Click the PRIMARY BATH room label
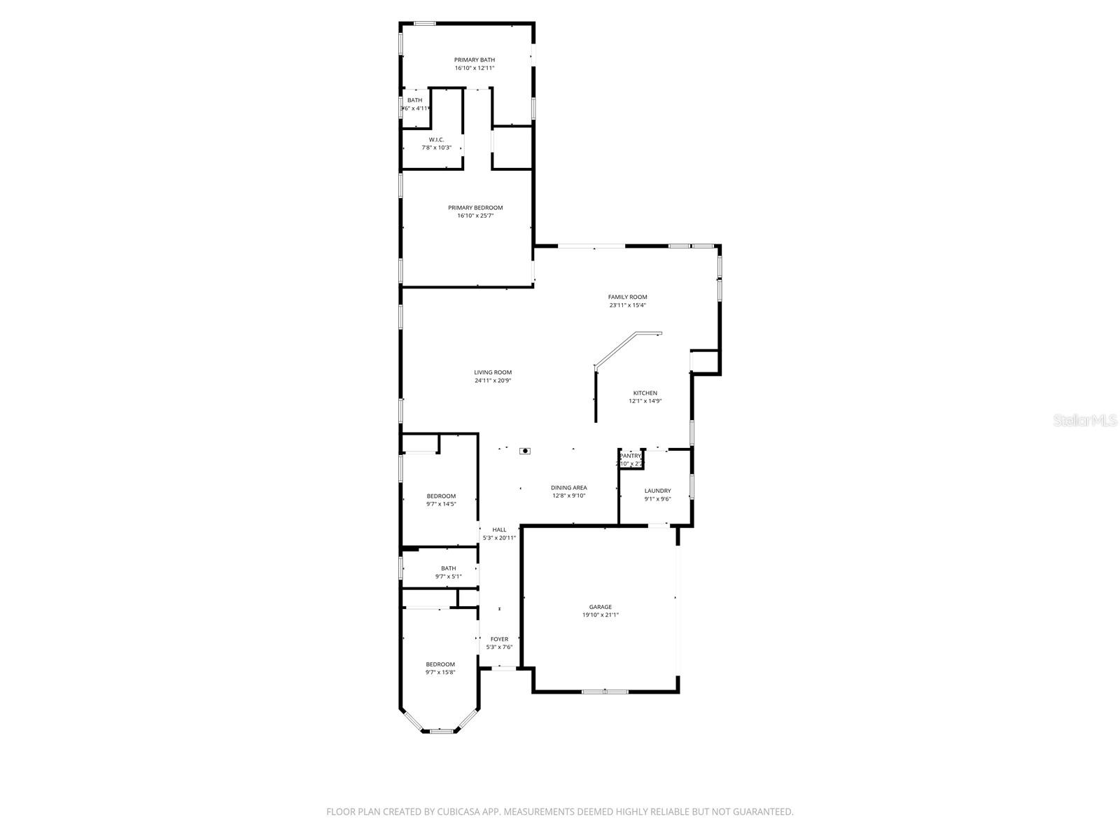pyautogui.click(x=475, y=60)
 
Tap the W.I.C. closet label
pyautogui.click(x=436, y=140)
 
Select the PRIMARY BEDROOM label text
pyautogui.click(x=475, y=208)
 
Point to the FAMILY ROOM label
pyautogui.click(x=627, y=297)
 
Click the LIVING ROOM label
pyautogui.click(x=493, y=372)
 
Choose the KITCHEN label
pyautogui.click(x=645, y=393)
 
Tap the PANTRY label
pyautogui.click(x=630, y=456)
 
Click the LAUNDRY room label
pyautogui.click(x=657, y=491)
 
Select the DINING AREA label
pyautogui.click(x=568, y=488)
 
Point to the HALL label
pyautogui.click(x=499, y=530)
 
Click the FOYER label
pyautogui.click(x=499, y=639)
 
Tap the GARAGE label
pyautogui.click(x=600, y=607)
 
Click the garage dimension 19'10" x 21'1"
pyautogui.click(x=600, y=615)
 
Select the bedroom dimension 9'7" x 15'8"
pyautogui.click(x=440, y=673)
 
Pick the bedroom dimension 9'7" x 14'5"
pyautogui.click(x=441, y=504)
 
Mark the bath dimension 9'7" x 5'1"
pyautogui.click(x=448, y=577)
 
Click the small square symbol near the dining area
pyautogui.click(x=525, y=451)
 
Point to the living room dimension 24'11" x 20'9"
pyautogui.click(x=493, y=381)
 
